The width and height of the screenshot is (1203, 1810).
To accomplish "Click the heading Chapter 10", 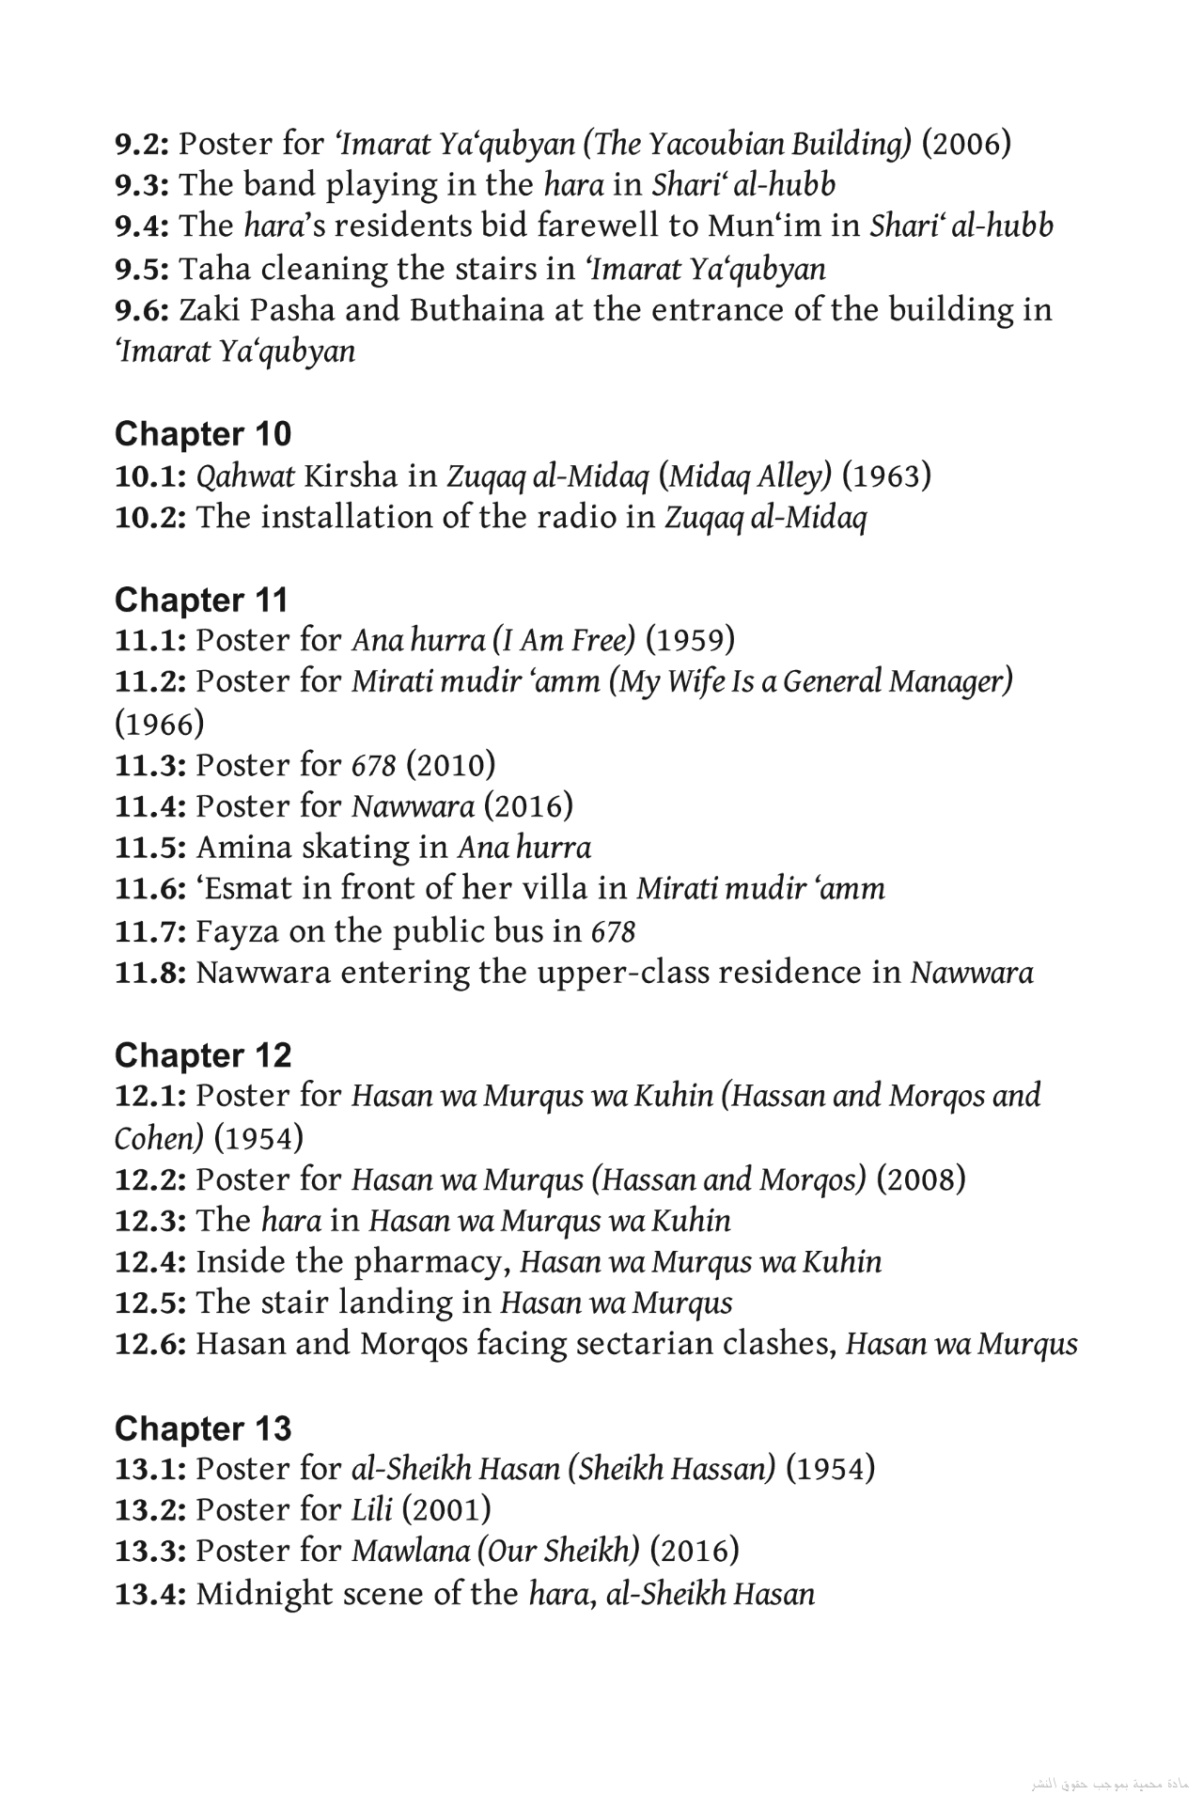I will (x=203, y=434).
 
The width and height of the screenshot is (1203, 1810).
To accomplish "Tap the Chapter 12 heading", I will (x=203, y=1055).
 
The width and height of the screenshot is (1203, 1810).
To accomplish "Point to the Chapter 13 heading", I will (x=203, y=1428).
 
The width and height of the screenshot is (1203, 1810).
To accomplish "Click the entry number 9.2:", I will (x=142, y=144).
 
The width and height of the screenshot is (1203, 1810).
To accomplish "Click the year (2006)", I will (x=966, y=144).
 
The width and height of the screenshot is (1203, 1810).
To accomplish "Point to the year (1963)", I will (x=886, y=476).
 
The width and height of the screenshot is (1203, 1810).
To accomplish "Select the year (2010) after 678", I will (x=450, y=766).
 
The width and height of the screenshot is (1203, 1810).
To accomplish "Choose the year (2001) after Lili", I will (x=446, y=1510).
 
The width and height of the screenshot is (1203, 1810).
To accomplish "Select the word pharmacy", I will (x=431, y=1262).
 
